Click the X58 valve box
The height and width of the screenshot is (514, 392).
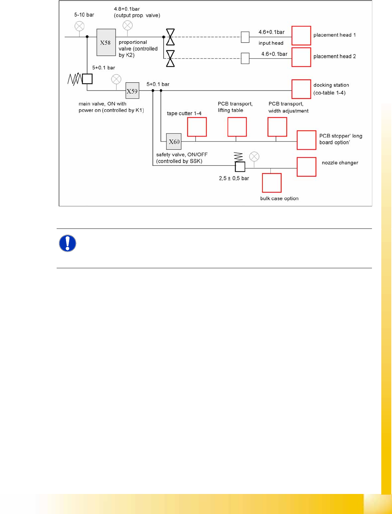[x=106, y=43]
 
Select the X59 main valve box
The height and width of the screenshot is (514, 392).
[x=132, y=91]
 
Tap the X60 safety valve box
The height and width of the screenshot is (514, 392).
[x=174, y=142]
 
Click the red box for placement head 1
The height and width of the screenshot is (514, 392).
[x=301, y=36]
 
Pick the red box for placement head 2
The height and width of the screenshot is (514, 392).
[x=301, y=57]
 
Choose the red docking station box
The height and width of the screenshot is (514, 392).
[x=301, y=89]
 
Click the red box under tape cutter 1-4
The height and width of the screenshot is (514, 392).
[x=197, y=127]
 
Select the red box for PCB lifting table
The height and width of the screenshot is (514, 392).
[x=237, y=127]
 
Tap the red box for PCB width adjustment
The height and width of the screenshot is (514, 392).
[x=277, y=127]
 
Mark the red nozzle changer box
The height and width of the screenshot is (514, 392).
[x=306, y=167]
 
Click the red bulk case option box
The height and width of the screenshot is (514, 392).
[x=272, y=183]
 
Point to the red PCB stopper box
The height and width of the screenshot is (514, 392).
[x=306, y=140]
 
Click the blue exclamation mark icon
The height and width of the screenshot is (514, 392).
[x=68, y=243]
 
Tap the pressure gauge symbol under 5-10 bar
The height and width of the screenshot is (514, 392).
[x=79, y=26]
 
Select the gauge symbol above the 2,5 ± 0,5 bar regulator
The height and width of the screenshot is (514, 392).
[x=254, y=157]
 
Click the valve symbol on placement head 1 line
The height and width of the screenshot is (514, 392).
[x=170, y=37]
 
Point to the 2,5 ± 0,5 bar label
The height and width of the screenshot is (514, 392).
[x=234, y=178]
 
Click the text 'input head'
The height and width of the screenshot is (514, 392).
[x=271, y=43]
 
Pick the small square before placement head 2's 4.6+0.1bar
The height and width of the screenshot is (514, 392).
[x=245, y=58]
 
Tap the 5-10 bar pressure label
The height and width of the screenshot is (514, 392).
[x=84, y=15]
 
